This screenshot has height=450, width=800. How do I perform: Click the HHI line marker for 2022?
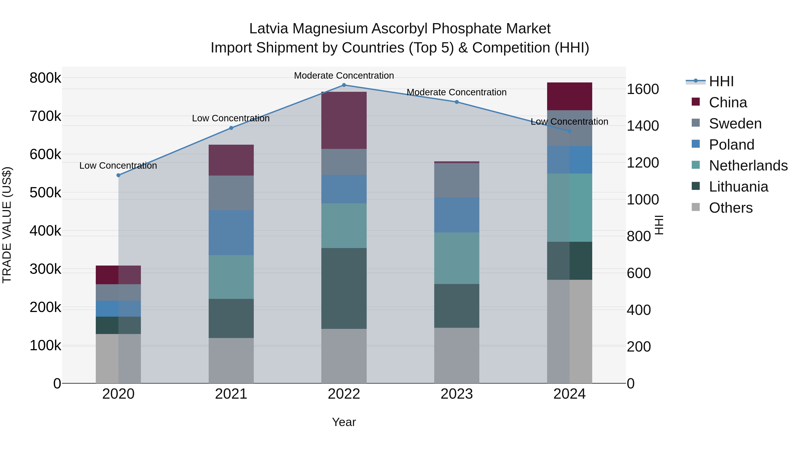(344, 85)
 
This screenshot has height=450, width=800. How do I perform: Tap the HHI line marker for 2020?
(118, 175)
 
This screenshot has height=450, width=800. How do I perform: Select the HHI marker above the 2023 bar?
(456, 102)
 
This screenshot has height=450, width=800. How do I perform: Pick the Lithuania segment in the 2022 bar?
(344, 288)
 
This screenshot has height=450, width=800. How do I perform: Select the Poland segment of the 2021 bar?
(231, 233)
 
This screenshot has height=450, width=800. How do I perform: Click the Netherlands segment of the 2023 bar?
(456, 258)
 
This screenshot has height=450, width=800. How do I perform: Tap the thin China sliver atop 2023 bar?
(456, 162)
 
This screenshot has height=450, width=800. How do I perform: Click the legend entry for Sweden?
(735, 124)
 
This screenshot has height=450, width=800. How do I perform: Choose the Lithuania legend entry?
(738, 187)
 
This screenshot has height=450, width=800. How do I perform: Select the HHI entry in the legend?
(721, 81)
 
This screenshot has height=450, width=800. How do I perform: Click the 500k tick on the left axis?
(45, 192)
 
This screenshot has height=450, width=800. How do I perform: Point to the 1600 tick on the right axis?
(642, 89)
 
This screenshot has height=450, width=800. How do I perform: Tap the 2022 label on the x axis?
(344, 394)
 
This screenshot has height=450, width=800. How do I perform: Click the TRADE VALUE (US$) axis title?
(7, 225)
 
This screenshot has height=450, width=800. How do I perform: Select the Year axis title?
(344, 422)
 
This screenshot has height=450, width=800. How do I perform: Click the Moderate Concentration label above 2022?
(344, 76)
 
